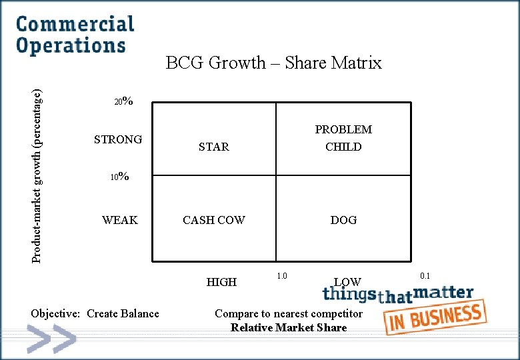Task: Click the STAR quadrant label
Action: tap(213, 147)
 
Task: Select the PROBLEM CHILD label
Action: tap(343, 138)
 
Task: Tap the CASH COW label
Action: tap(214, 220)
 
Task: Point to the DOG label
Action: tap(343, 220)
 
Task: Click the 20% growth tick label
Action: tap(123, 102)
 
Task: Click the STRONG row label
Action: tap(118, 139)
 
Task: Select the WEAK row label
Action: tap(120, 220)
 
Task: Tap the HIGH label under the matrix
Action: tap(221, 282)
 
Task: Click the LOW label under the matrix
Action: tap(347, 282)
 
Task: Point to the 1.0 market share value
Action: tap(281, 276)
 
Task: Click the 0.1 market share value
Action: tap(425, 275)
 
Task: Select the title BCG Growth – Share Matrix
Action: tap(273, 63)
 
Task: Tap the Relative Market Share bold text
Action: tap(289, 327)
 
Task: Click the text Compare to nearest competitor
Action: tap(289, 313)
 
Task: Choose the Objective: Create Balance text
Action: tap(95, 313)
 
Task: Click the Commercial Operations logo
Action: tap(75, 35)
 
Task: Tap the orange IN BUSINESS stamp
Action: tap(436, 318)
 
